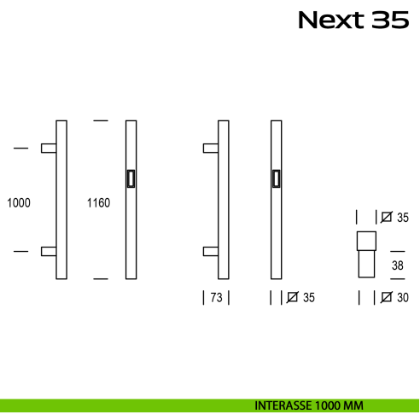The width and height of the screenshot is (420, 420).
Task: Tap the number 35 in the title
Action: [x=390, y=20]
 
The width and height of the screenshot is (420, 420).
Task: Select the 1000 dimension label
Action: [x=18, y=203]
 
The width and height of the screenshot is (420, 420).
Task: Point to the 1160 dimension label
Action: [x=98, y=203]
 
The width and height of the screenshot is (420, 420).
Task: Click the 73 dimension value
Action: [x=216, y=298]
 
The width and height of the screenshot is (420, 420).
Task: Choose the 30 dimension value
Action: [x=402, y=298]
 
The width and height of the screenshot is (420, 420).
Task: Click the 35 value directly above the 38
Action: [x=402, y=219]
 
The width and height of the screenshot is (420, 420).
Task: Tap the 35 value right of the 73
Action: [x=308, y=298]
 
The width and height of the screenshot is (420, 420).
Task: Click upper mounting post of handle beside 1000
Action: [x=49, y=149]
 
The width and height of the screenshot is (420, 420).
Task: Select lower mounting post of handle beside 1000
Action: [x=49, y=251]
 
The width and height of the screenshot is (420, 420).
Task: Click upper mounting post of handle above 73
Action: [x=210, y=149]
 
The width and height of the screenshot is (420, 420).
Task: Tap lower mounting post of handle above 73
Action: [x=210, y=251]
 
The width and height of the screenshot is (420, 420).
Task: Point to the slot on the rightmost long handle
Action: [x=276, y=178]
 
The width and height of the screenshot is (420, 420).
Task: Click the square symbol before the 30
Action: [x=387, y=298]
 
